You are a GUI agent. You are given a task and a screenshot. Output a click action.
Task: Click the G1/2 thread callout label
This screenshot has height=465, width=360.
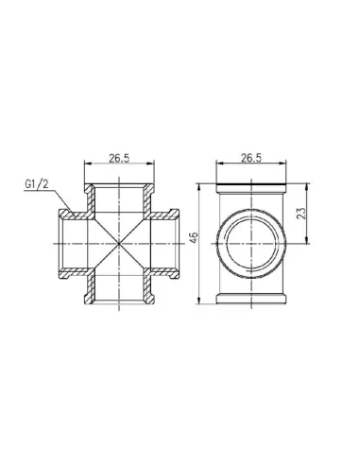[37, 184]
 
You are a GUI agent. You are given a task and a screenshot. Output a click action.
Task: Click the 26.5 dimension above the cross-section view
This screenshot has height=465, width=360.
[119, 158]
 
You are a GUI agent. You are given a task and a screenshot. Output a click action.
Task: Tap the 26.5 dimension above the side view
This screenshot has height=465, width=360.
[251, 158]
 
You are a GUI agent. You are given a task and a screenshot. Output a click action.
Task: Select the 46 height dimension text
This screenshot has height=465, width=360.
[194, 237]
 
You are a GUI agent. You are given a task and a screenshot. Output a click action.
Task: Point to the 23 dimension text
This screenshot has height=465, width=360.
[301, 213]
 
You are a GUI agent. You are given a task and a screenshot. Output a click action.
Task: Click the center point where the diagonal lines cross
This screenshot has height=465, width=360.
[119, 244]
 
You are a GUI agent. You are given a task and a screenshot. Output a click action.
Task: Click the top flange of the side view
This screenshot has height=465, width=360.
[251, 188]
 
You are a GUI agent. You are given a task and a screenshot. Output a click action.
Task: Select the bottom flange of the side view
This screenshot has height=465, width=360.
[251, 299]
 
